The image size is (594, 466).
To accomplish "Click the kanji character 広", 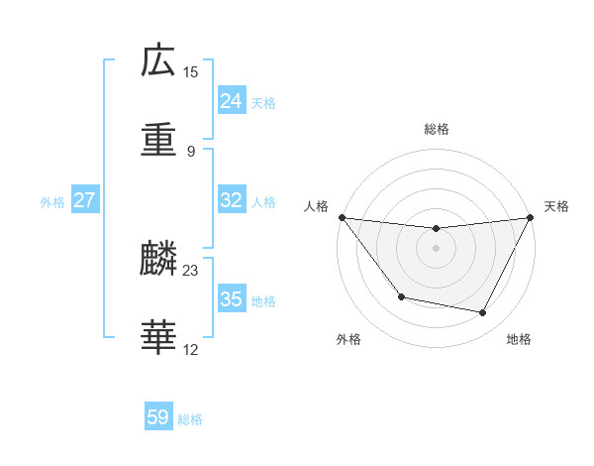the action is [x=158, y=62].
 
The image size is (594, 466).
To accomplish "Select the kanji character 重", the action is [x=158, y=140].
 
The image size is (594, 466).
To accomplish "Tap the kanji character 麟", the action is [x=158, y=261].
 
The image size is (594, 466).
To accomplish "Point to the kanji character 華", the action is [x=158, y=338].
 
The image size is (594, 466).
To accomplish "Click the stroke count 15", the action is [x=190, y=72].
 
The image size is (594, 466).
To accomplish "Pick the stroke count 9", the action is [x=190, y=151].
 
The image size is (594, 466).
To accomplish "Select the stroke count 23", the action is [x=190, y=271].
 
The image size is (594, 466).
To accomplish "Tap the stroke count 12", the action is [x=190, y=349].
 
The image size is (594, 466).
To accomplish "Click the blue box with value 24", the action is [x=231, y=101].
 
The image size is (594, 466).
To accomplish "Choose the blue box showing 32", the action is [x=231, y=200].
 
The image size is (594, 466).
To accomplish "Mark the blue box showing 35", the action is [x=231, y=299].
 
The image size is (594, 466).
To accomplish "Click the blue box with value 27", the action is [x=84, y=200].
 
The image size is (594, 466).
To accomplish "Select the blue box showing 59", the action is [x=158, y=417].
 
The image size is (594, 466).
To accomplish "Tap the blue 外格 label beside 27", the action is [x=52, y=202].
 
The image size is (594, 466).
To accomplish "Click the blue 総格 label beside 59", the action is [x=190, y=419].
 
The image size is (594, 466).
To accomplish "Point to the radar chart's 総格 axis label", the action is [x=436, y=129].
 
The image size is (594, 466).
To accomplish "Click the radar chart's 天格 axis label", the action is [x=556, y=206].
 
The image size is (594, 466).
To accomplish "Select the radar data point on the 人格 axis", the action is [x=342, y=217].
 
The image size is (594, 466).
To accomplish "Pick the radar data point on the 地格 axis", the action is [x=483, y=312].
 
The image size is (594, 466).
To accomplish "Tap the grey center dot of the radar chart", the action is [x=436, y=248].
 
